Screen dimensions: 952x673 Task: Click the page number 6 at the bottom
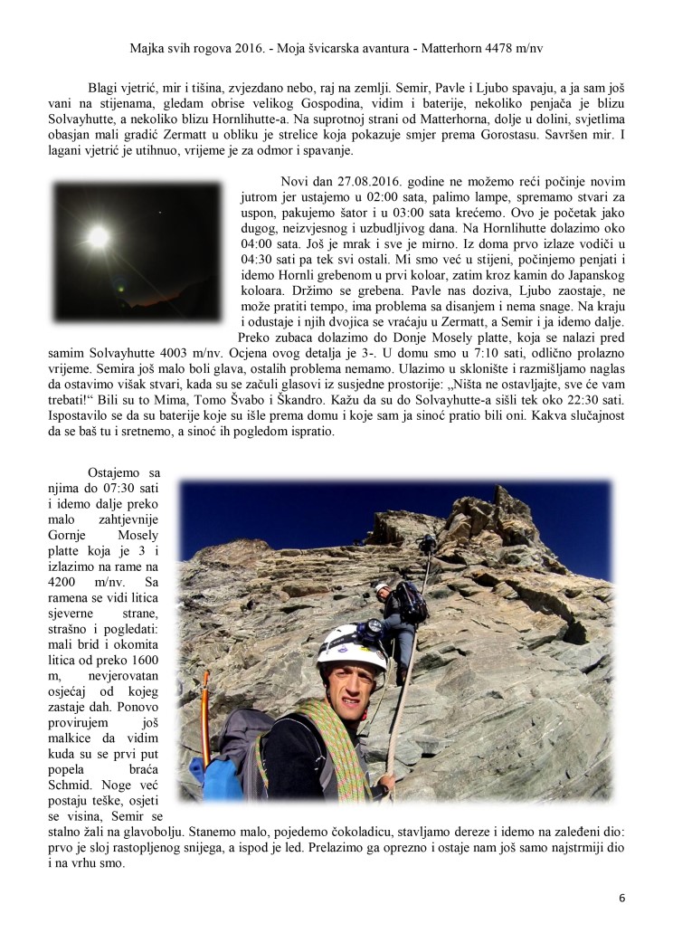[622, 899]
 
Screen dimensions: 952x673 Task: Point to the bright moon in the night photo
[97, 237]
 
